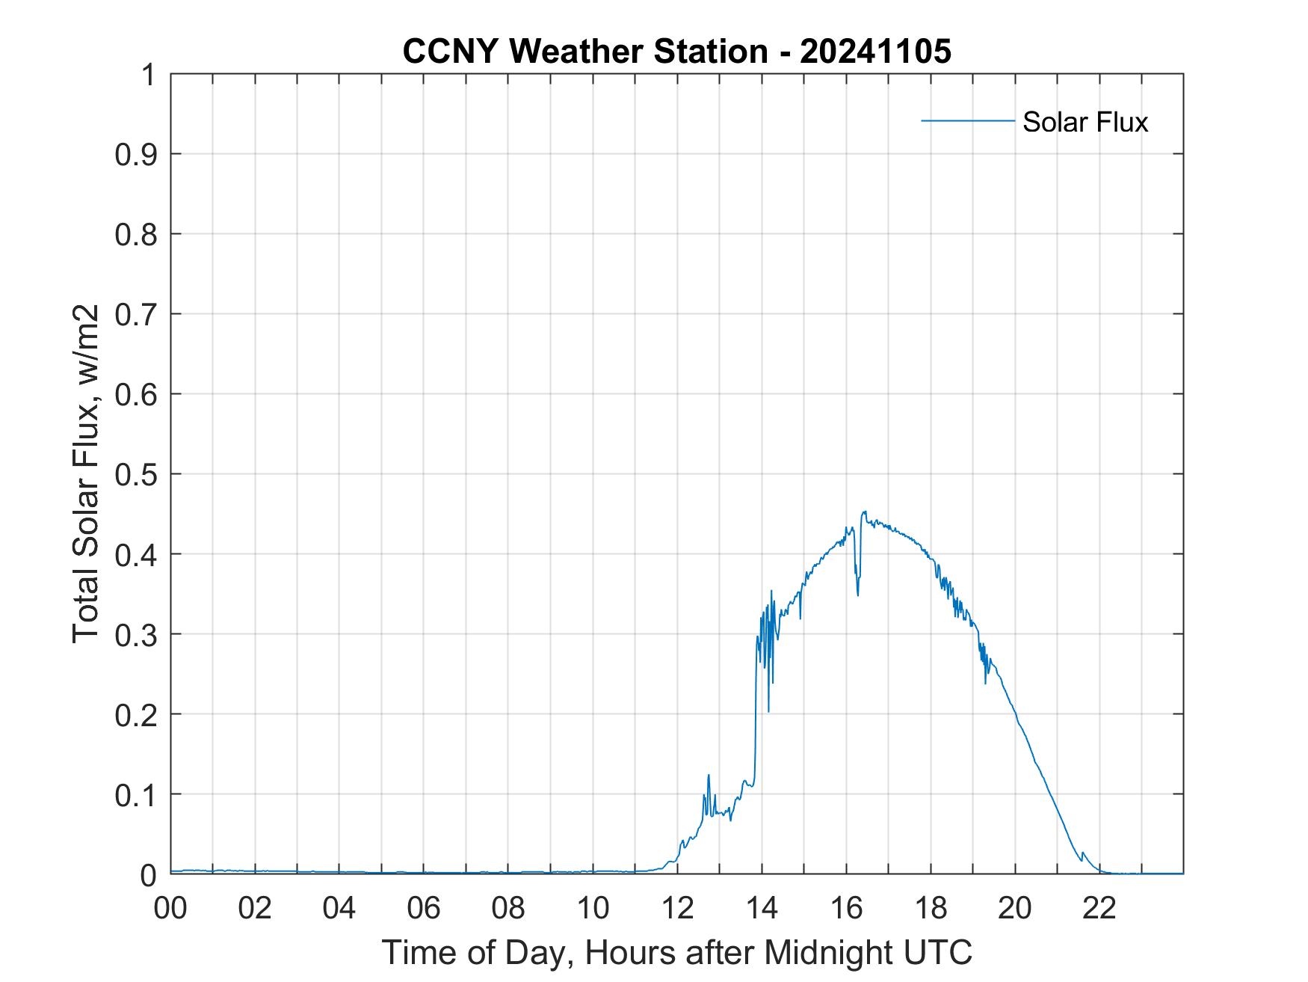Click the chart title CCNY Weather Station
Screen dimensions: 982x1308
(x=584, y=52)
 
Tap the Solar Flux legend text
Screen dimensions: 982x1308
(x=1085, y=121)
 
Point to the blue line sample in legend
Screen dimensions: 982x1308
(x=967, y=120)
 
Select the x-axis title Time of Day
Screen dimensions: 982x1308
(x=676, y=952)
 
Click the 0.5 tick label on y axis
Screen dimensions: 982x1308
(x=137, y=474)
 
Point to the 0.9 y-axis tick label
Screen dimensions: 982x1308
(x=137, y=154)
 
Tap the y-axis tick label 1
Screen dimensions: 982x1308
(x=149, y=75)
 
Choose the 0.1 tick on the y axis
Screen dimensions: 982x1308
(x=137, y=794)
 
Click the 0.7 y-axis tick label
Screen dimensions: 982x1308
(x=137, y=314)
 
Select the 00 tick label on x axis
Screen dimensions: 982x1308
(x=170, y=908)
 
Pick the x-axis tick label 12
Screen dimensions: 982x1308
(x=677, y=908)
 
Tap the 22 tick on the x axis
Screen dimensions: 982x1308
(x=1099, y=908)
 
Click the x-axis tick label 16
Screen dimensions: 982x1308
(x=846, y=908)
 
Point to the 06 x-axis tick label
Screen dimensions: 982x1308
(x=424, y=908)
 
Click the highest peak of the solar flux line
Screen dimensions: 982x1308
(x=864, y=512)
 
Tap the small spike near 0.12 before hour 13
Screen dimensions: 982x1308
(x=709, y=776)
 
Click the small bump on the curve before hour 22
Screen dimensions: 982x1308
(x=1082, y=853)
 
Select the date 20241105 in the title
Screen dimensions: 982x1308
(x=875, y=52)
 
